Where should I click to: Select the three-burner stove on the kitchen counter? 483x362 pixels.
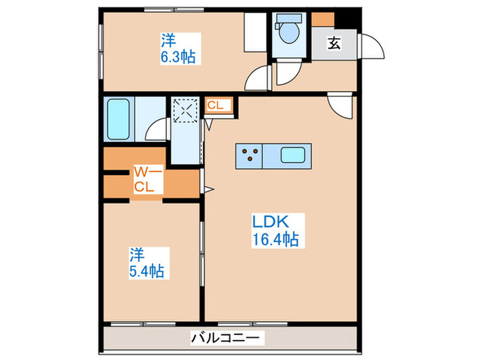(x=249, y=156)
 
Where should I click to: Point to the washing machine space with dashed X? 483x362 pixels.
(x=185, y=110)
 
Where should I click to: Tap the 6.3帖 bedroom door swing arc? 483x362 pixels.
(x=260, y=78)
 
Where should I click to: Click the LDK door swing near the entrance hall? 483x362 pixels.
(x=340, y=104)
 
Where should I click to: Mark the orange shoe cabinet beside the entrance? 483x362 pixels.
(x=321, y=19)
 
